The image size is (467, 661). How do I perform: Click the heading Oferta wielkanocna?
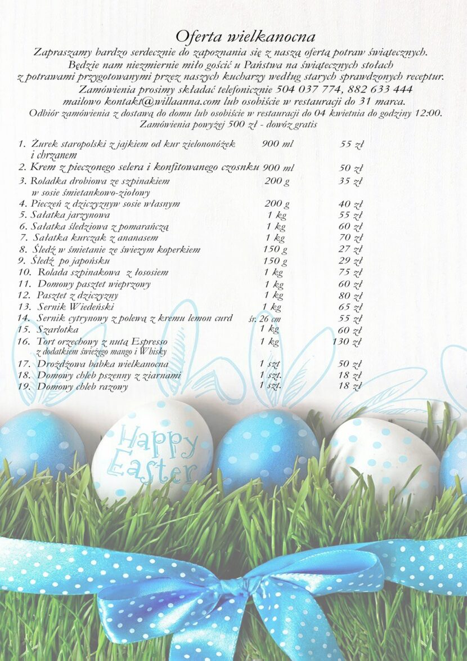click(245, 37)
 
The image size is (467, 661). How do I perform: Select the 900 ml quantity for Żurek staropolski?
click(277, 144)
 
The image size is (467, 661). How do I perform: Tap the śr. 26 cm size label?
click(264, 319)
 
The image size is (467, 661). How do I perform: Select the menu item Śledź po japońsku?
click(70, 261)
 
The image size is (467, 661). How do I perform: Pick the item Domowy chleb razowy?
click(82, 387)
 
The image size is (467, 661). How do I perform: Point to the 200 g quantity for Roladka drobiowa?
click(277, 181)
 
